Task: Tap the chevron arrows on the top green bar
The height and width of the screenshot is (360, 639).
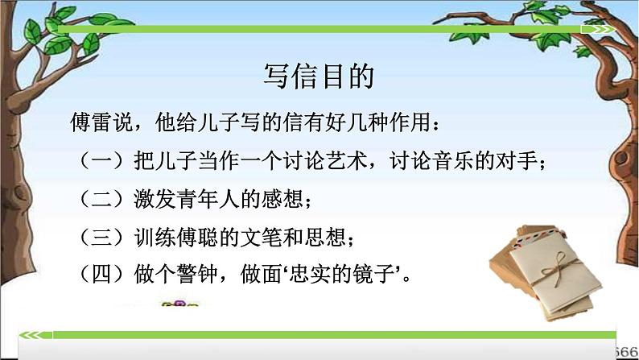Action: click(x=604, y=31)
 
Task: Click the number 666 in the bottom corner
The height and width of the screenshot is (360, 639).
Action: click(x=627, y=351)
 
